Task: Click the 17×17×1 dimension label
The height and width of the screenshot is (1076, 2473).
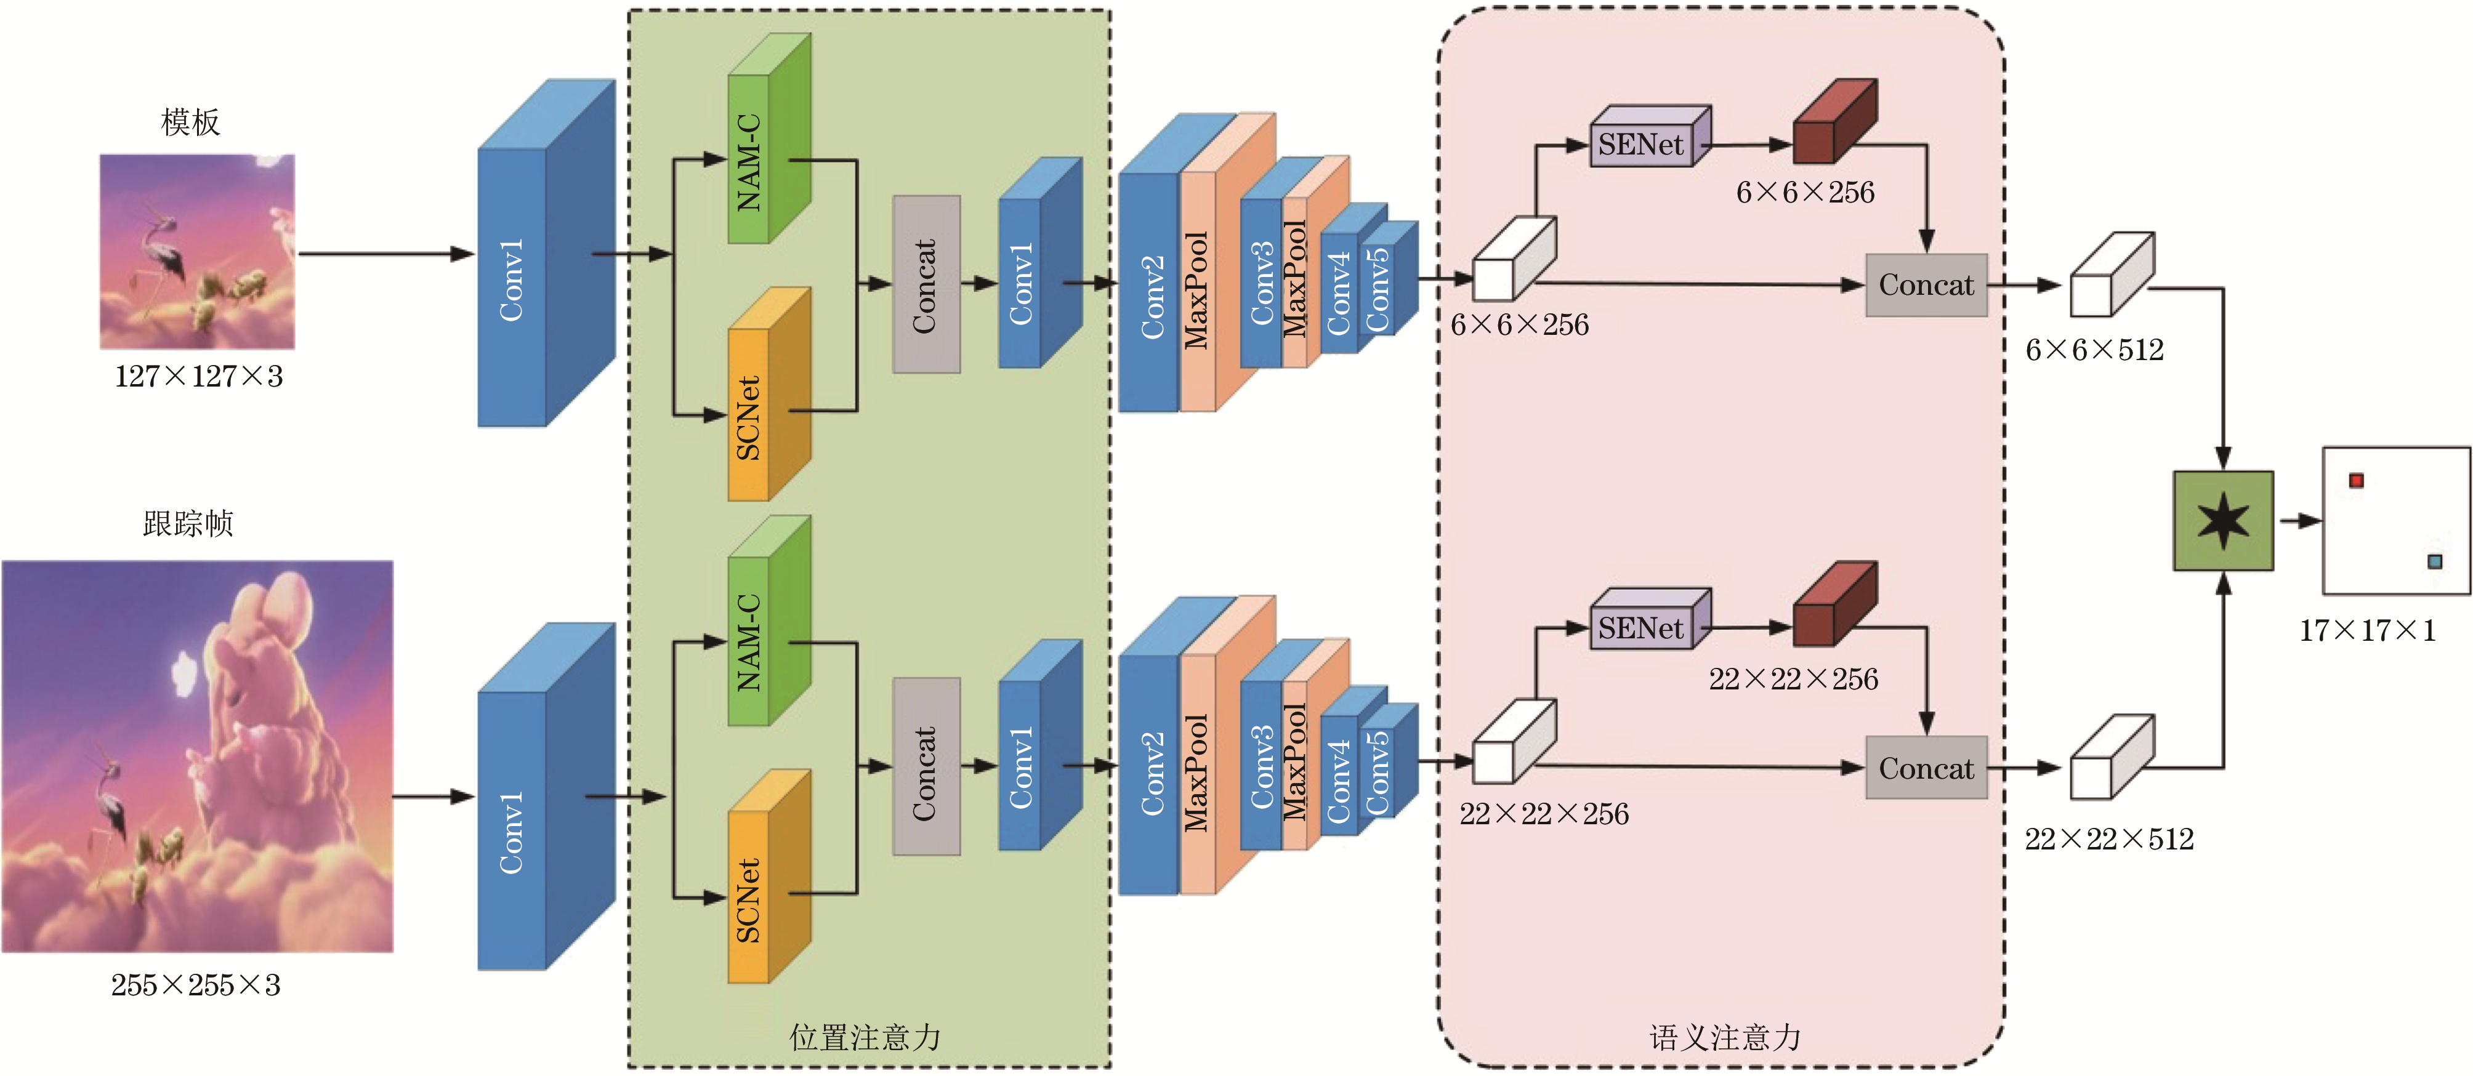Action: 2366,630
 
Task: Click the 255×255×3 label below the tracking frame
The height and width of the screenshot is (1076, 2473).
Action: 196,985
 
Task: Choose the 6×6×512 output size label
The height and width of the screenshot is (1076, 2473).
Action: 2094,350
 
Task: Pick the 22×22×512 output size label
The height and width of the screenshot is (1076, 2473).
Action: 2108,840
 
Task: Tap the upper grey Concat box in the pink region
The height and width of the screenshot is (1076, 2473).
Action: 1926,285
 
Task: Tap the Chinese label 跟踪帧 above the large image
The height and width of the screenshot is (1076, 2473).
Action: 188,524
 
